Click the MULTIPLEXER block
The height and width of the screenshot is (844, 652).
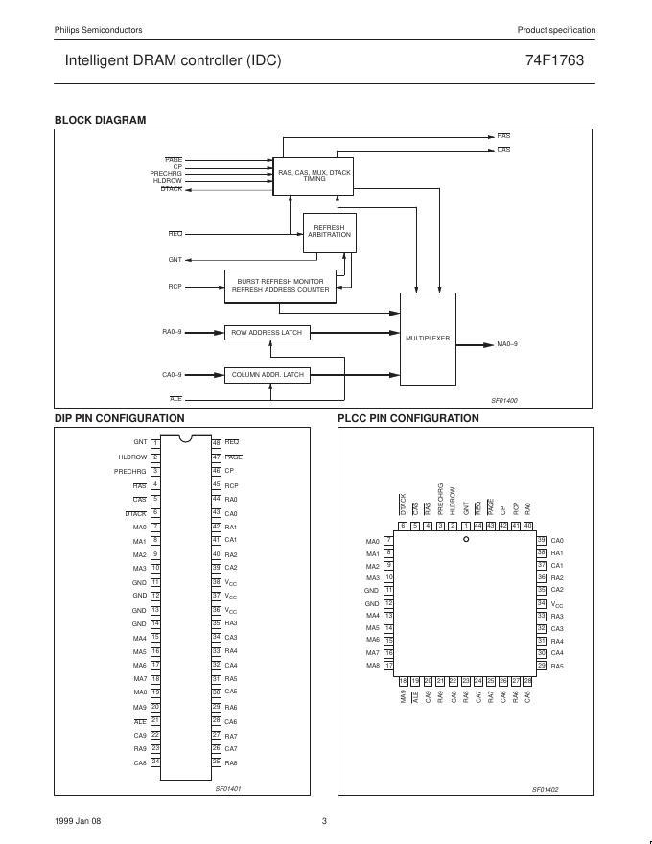pyautogui.click(x=427, y=339)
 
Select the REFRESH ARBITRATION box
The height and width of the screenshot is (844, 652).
pyautogui.click(x=329, y=232)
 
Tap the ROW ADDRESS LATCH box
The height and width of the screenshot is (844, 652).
pyautogui.click(x=267, y=333)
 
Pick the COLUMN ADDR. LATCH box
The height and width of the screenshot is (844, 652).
pyautogui.click(x=268, y=375)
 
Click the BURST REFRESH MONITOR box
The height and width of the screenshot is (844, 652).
pyautogui.click(x=280, y=286)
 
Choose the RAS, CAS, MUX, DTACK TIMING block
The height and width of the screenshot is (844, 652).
pyautogui.click(x=314, y=176)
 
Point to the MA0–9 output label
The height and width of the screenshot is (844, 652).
pyautogui.click(x=507, y=343)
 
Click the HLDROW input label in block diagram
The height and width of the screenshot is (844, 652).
pyautogui.click(x=167, y=180)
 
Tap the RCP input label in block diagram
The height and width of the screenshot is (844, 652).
pyautogui.click(x=175, y=286)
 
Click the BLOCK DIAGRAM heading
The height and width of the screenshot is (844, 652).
pyautogui.click(x=100, y=120)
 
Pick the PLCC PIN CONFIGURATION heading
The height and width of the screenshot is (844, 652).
pyautogui.click(x=407, y=418)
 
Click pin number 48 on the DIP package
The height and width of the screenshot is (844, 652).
pyautogui.click(x=217, y=442)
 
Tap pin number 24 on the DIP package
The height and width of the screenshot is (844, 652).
pyautogui.click(x=155, y=762)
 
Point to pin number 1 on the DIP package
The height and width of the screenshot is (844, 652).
pyautogui.click(x=155, y=442)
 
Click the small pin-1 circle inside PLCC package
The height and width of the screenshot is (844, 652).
pyautogui.click(x=466, y=540)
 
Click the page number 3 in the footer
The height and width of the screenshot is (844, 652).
pyautogui.click(x=325, y=821)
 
